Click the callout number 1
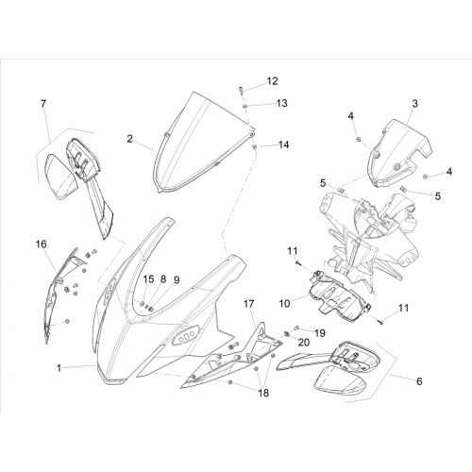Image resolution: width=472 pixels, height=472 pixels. point(59,367)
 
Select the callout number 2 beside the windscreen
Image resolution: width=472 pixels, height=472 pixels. point(130,139)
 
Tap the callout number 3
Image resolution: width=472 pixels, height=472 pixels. point(415,103)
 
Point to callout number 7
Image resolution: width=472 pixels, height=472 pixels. point(43,103)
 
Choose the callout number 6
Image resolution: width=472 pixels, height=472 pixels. point(419,381)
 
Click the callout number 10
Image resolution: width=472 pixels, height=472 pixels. point(284,304)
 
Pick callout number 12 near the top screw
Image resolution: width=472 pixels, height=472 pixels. point(273,81)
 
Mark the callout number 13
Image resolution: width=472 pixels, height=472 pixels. point(282,103)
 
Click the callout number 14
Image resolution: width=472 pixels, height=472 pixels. point(283,144)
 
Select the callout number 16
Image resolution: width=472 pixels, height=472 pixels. point(42,244)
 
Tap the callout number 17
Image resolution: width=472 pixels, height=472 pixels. point(248,304)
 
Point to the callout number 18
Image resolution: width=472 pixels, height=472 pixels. point(263,393)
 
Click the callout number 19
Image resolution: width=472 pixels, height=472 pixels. point(320,333)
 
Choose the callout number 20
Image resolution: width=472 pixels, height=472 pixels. point(304,342)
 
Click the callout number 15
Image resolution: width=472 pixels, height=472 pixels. point(149,279)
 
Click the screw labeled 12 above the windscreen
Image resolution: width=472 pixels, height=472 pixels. point(240,90)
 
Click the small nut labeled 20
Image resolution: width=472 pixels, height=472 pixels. point(287,333)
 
